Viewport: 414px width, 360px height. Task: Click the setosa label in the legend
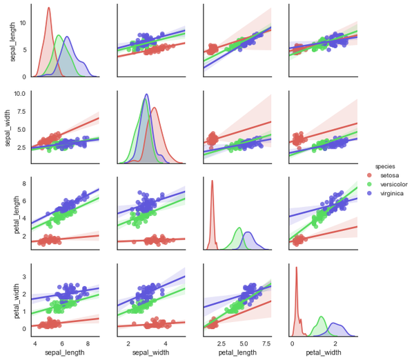[388, 176]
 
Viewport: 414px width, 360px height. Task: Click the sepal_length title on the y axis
[13, 41]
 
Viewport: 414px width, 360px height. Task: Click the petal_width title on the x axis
[322, 354]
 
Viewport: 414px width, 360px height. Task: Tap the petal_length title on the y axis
[13, 214]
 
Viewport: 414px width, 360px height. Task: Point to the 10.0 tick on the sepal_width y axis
[19, 92]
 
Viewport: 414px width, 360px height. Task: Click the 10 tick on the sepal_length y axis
[22, 23]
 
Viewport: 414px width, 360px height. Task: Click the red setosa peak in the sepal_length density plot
[49, 8]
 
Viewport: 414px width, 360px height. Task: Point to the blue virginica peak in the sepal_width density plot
[146, 94]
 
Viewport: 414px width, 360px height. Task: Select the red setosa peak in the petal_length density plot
[212, 181]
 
